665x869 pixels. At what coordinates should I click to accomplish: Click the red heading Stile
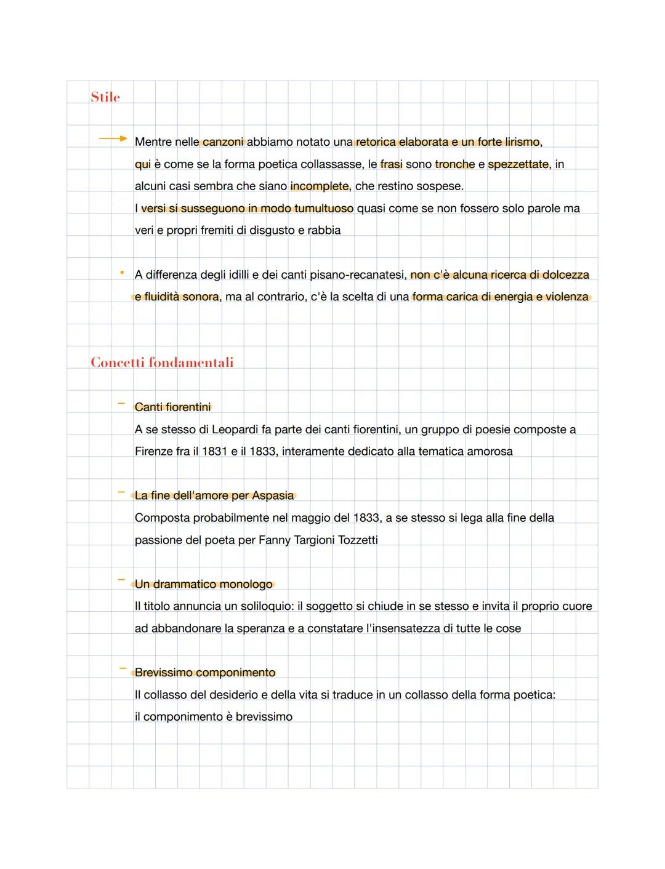point(105,97)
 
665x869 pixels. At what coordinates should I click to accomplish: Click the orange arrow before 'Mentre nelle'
point(113,139)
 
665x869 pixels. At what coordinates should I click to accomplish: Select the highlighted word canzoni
point(223,142)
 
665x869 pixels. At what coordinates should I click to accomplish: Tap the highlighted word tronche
point(454,164)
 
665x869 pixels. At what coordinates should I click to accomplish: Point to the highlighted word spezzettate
point(518,164)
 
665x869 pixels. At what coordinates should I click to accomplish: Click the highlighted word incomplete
point(320,186)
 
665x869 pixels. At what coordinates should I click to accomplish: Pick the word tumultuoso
point(324,209)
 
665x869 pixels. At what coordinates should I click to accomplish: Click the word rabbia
point(324,231)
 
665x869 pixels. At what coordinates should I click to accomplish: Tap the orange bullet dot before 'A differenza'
point(122,272)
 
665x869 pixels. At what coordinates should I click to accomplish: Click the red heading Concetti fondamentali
point(162,362)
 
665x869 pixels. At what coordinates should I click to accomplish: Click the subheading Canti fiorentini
point(172,407)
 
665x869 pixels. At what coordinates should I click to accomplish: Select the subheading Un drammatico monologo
point(203,585)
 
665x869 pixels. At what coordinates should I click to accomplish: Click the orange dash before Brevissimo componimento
point(123,668)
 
